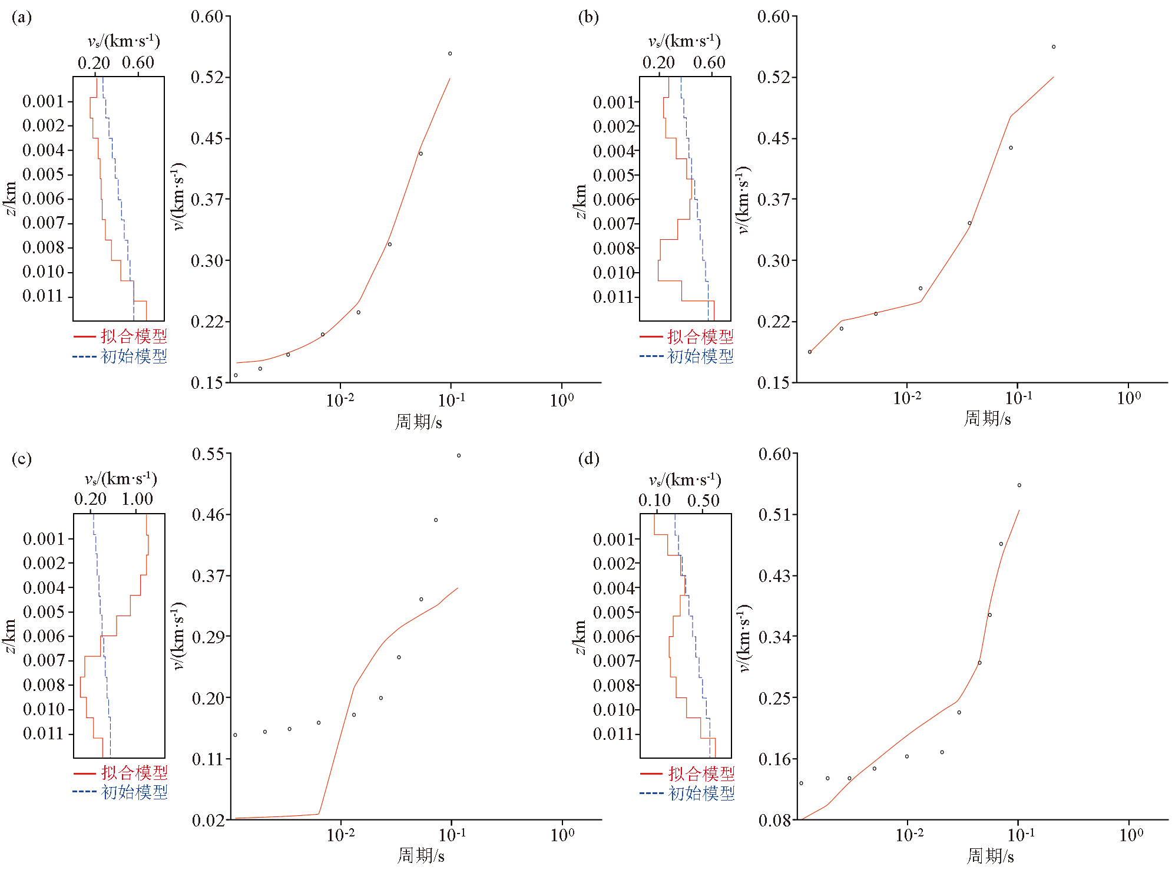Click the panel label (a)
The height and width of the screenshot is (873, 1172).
pos(22,17)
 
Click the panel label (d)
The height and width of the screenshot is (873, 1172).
pos(588,458)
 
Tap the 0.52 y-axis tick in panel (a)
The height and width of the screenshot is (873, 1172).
pos(207,77)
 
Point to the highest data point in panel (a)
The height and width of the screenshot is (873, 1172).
pos(450,54)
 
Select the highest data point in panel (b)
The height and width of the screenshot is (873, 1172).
pos(1054,47)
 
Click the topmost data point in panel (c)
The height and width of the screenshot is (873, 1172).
pos(459,455)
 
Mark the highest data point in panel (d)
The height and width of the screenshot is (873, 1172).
pos(1019,485)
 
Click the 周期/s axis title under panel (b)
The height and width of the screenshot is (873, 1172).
pos(988,419)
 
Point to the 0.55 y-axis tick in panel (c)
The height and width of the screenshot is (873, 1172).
pos(208,454)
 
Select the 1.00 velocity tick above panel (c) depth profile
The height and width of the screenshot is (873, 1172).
pos(137,499)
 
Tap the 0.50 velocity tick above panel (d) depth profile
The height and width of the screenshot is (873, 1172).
pos(703,501)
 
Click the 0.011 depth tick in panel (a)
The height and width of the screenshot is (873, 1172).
pos(43,296)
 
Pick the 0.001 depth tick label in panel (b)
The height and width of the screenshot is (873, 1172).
pos(613,102)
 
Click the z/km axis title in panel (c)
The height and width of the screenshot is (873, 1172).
pos(10,636)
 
